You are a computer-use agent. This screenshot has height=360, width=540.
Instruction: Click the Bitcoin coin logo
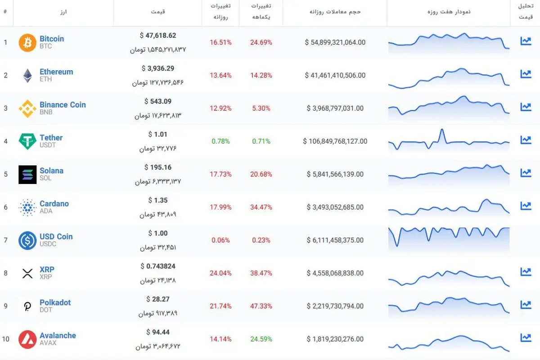(x=27, y=43)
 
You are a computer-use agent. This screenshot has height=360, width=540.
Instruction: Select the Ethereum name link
(x=56, y=72)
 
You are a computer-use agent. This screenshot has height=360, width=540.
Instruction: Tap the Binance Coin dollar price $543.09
(x=158, y=101)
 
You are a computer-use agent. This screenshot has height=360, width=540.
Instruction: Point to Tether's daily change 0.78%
(x=220, y=141)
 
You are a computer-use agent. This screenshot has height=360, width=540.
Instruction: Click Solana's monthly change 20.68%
(x=261, y=174)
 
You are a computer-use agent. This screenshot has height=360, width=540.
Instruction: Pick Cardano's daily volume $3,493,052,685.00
(x=335, y=207)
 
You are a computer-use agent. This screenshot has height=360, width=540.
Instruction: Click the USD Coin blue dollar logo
(x=27, y=240)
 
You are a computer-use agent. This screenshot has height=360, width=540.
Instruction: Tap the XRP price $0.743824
(x=158, y=266)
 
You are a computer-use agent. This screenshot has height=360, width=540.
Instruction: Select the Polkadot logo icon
(x=27, y=306)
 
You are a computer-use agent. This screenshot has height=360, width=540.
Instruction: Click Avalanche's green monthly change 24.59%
(x=261, y=339)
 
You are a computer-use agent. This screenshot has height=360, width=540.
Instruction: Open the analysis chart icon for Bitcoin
(x=526, y=41)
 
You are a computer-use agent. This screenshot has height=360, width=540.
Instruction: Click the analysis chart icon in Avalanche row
(x=526, y=337)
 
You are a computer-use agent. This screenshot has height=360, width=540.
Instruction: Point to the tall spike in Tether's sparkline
(x=442, y=130)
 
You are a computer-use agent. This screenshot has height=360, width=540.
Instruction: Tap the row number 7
(x=5, y=240)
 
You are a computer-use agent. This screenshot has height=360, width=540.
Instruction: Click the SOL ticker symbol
(x=45, y=178)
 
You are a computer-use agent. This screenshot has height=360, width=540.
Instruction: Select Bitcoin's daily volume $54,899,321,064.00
(x=335, y=42)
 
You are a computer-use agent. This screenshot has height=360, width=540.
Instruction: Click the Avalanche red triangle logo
(x=27, y=339)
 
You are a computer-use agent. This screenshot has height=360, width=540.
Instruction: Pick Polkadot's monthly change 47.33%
(x=261, y=306)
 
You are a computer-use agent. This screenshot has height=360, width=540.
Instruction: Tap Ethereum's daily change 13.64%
(x=220, y=76)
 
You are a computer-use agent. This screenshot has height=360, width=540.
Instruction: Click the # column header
(x=5, y=11)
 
